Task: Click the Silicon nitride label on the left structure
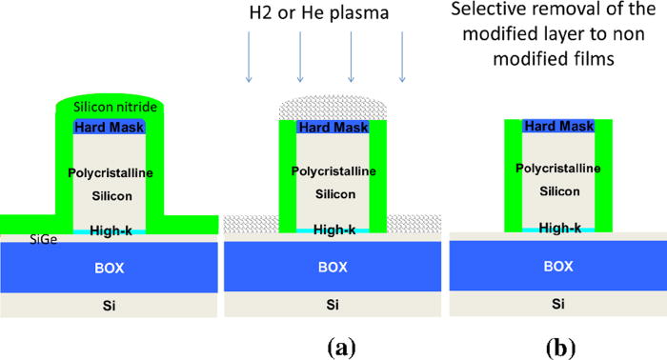coord(106,108)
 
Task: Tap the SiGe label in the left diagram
coord(16,241)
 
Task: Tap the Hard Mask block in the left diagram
coord(106,127)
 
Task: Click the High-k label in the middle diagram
coord(333,229)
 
